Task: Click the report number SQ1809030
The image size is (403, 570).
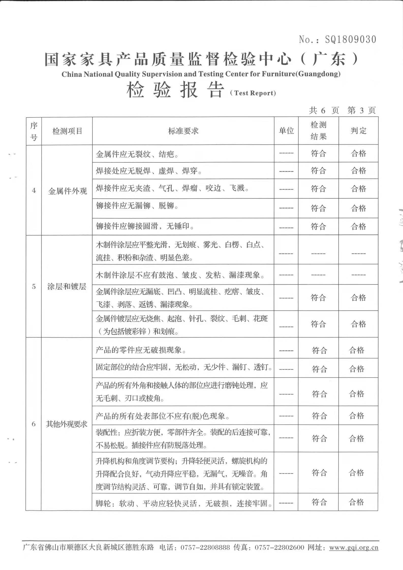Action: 350,39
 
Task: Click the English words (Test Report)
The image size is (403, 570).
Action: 253,93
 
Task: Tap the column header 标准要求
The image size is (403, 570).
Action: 183,131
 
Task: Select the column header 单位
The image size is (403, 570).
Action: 286,131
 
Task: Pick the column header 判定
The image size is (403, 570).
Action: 359,131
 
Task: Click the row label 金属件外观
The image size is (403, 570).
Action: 67,191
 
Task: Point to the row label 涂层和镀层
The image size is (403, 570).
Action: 67,287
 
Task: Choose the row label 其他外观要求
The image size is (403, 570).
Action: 67,424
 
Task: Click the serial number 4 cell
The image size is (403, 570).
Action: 34,190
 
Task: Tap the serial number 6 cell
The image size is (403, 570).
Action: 34,424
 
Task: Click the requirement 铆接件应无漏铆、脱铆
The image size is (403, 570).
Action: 137,206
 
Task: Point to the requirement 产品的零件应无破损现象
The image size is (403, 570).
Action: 141,350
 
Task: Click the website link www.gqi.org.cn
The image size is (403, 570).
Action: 354,547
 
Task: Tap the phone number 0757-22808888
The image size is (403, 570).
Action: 205,547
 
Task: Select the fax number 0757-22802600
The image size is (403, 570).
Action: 279,547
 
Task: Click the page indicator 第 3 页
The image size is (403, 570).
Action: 361,110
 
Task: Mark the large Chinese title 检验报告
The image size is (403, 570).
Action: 176,90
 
